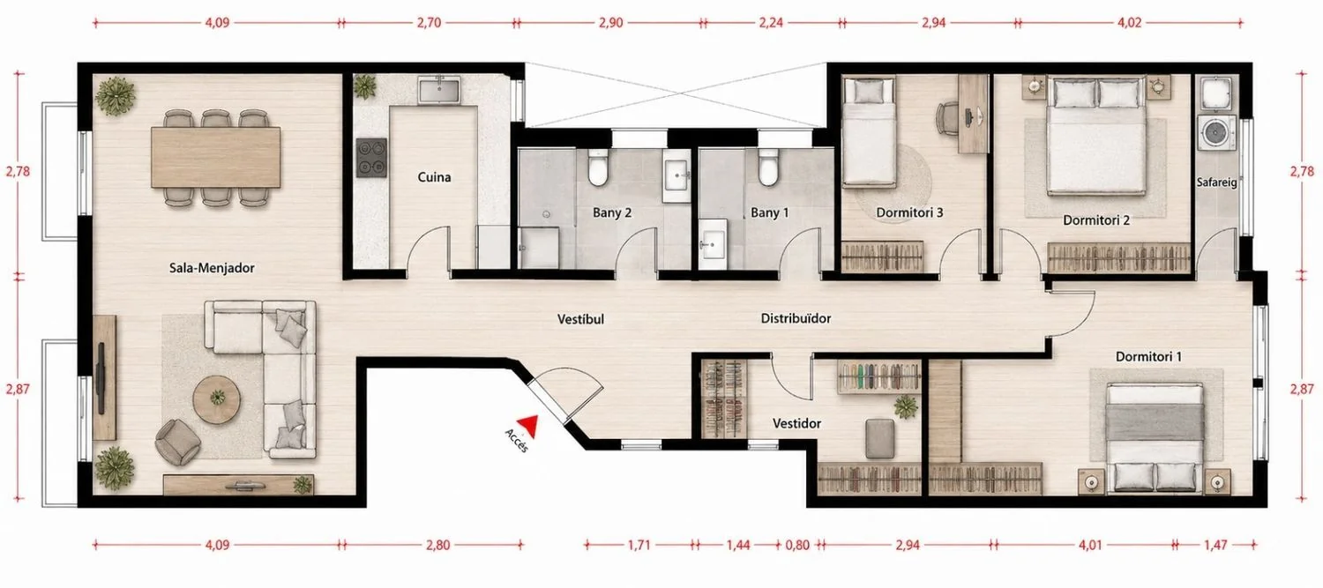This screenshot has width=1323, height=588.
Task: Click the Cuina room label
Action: (434, 177)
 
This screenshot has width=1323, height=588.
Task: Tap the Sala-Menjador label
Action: (212, 268)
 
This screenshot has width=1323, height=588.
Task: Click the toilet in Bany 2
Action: (597, 167)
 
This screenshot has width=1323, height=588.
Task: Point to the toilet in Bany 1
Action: (767, 167)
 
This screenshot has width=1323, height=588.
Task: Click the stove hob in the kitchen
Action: (371, 158)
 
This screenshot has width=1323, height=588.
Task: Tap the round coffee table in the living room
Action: (217, 399)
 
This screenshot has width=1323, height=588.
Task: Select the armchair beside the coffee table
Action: (177, 442)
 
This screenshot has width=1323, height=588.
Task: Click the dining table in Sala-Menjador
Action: (215, 158)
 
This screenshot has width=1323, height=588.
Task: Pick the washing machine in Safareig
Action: (1216, 133)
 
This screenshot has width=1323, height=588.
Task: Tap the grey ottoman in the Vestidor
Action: (879, 439)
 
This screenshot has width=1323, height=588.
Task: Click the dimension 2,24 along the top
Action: (771, 22)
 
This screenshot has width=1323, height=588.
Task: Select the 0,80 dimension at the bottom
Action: (797, 545)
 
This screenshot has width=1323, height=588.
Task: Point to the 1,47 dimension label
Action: (1215, 545)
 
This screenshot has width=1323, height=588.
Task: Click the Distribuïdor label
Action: (796, 319)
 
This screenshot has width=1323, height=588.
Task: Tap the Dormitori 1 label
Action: (1148, 356)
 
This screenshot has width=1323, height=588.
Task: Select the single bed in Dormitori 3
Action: (869, 131)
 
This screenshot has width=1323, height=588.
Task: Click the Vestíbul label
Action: (580, 319)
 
